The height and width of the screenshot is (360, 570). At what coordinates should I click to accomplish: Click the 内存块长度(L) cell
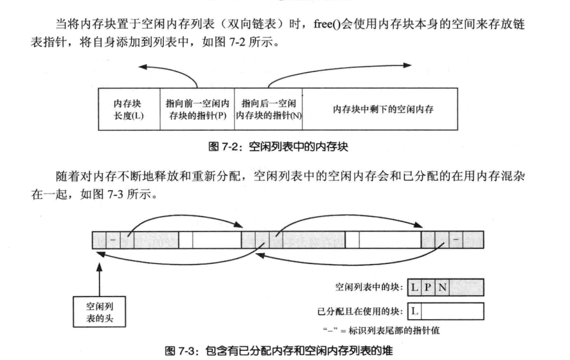(x=128, y=110)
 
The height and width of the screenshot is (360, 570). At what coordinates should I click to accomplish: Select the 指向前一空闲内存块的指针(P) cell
(x=196, y=110)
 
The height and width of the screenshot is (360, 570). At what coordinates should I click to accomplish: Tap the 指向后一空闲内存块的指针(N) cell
(x=268, y=110)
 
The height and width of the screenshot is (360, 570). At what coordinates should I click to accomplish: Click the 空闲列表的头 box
(x=100, y=311)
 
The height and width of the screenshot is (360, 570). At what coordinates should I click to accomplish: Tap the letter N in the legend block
(x=442, y=287)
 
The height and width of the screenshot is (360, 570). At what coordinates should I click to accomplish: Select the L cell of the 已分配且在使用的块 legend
(x=414, y=311)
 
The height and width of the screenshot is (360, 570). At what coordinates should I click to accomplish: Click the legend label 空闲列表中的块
(x=369, y=287)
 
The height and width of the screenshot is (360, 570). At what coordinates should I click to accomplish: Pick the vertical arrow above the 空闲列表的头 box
(x=100, y=277)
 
